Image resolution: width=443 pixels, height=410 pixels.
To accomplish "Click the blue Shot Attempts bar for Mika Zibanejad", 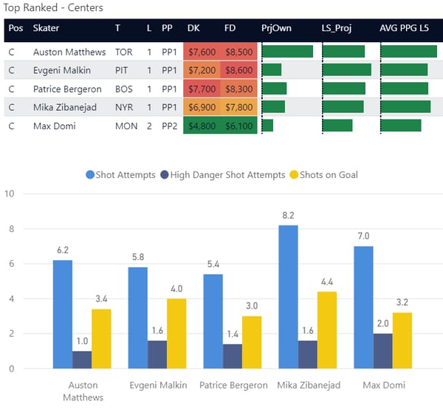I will [x=289, y=297].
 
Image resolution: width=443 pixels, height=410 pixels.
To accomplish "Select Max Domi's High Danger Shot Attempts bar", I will [x=383, y=351].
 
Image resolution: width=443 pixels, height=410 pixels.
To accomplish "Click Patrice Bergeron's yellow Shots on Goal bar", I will [x=252, y=342].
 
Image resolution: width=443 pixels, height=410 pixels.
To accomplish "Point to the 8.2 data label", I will [x=289, y=215].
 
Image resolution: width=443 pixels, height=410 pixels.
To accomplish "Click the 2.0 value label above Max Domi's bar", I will [x=383, y=324].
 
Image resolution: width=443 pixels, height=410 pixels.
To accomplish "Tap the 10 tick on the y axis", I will [x=10, y=194].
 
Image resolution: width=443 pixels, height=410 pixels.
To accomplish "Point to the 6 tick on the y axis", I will [x=10, y=264].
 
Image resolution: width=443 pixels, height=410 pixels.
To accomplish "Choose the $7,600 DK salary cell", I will [x=202, y=52].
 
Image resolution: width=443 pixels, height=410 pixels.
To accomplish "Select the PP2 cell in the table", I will [x=168, y=126].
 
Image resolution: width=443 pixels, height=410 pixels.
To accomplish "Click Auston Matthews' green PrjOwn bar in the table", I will [x=288, y=52].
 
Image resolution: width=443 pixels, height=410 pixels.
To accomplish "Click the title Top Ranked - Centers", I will [x=53, y=8].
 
